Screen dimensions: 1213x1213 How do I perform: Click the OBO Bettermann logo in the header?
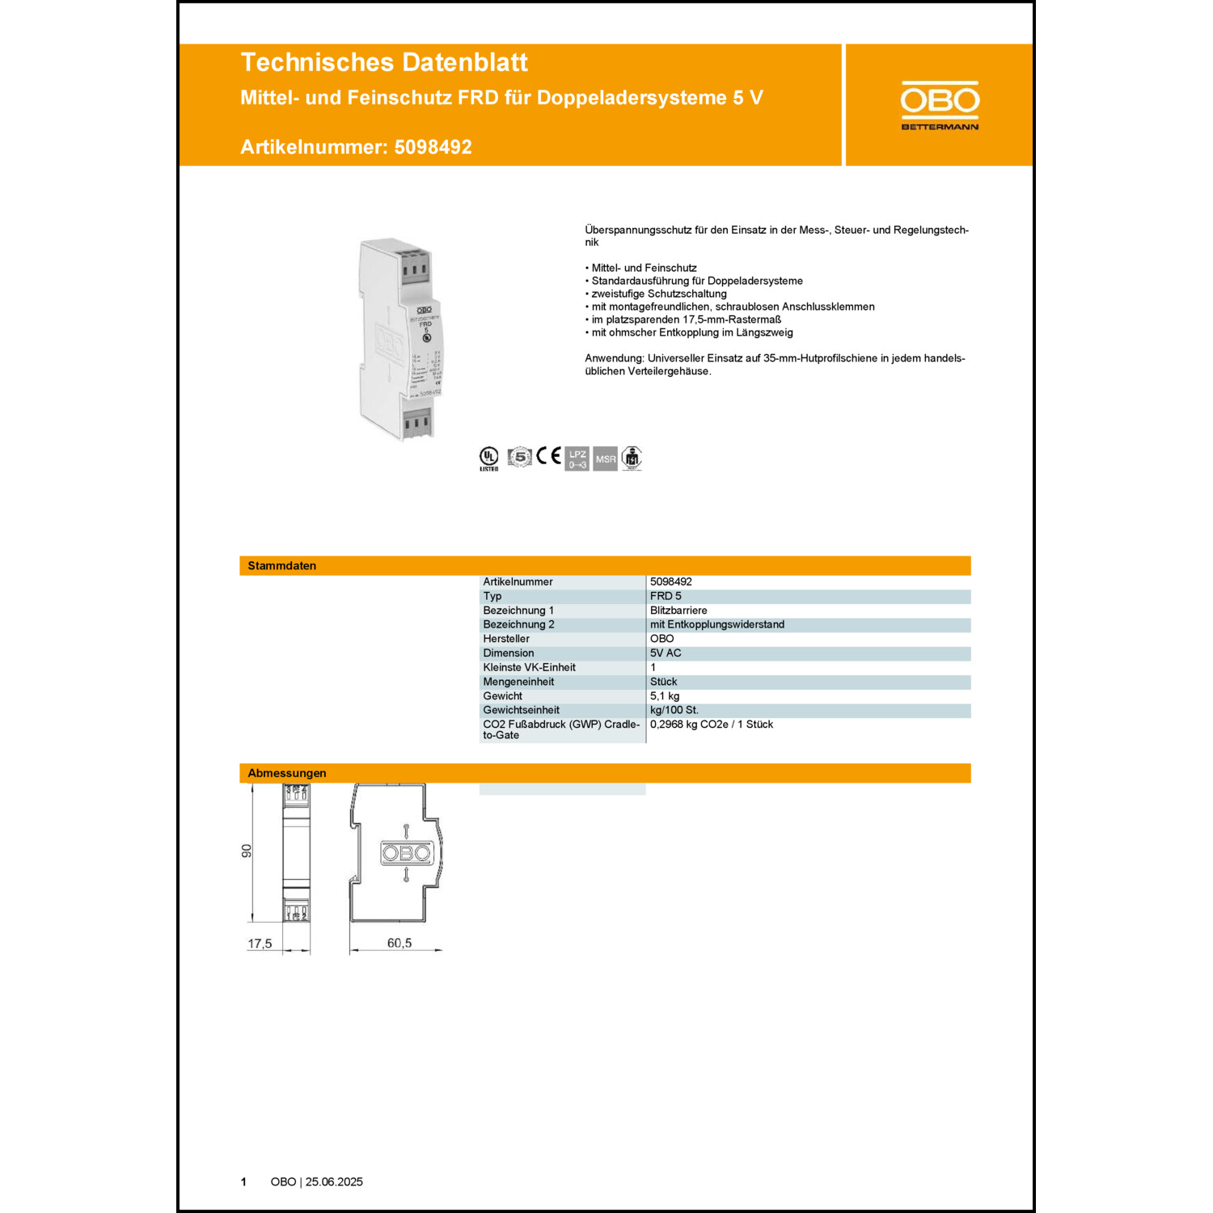pyautogui.click(x=940, y=105)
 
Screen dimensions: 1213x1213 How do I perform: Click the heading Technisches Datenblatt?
pyautogui.click(x=384, y=62)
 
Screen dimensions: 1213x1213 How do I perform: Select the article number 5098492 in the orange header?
pyautogui.click(x=433, y=147)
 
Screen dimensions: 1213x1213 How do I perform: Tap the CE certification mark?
pyautogui.click(x=548, y=456)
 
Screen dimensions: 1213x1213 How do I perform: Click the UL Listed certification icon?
pyautogui.click(x=489, y=458)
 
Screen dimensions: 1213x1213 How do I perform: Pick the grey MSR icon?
pyautogui.click(x=605, y=459)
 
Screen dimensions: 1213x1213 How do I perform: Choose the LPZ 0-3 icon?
pyautogui.click(x=577, y=459)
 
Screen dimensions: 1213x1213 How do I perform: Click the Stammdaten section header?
pyautogui.click(x=282, y=565)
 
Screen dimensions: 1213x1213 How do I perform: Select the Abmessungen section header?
pyautogui.click(x=287, y=773)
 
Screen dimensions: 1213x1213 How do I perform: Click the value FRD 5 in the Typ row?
pyautogui.click(x=666, y=596)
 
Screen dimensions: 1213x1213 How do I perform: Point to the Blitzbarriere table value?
pyautogui.click(x=678, y=611)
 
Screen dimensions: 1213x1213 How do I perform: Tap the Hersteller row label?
pyautogui.click(x=506, y=639)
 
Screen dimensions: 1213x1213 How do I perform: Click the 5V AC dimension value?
pyautogui.click(x=666, y=653)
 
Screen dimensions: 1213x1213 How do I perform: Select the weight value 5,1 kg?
pyautogui.click(x=665, y=696)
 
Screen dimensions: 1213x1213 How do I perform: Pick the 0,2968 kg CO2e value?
pyautogui.click(x=711, y=725)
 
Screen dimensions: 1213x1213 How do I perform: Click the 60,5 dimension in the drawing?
pyautogui.click(x=399, y=943)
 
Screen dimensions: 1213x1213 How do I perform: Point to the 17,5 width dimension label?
pyautogui.click(x=260, y=944)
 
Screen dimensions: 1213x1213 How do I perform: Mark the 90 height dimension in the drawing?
pyautogui.click(x=247, y=851)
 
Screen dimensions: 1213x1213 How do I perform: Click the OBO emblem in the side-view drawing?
pyautogui.click(x=407, y=853)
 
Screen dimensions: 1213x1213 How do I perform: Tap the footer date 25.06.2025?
pyautogui.click(x=334, y=1181)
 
